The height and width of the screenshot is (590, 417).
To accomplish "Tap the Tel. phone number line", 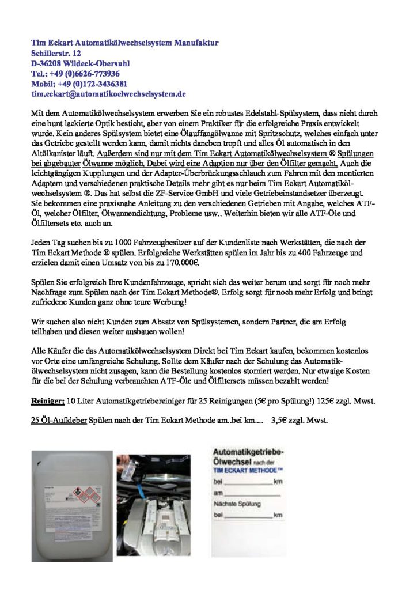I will (x=75, y=73).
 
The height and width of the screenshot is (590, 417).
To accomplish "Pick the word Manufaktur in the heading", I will (x=196, y=43).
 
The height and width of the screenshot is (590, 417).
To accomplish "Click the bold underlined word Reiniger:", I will (x=47, y=400).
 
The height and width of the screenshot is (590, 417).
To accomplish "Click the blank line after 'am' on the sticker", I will (x=254, y=494).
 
